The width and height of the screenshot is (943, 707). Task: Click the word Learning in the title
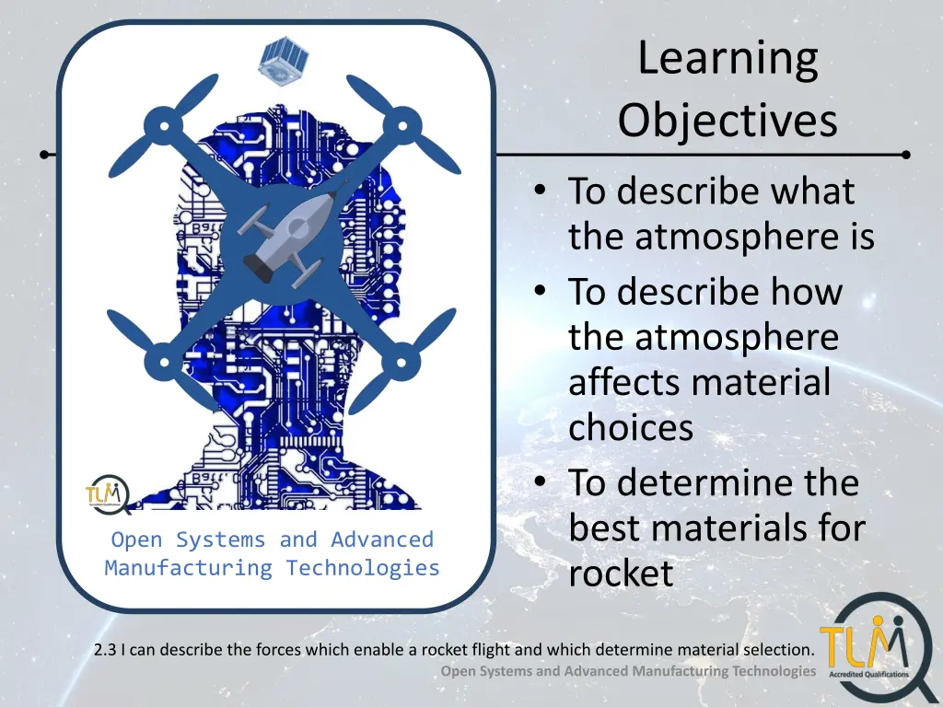coord(728,60)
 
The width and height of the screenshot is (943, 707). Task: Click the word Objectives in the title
coord(728,121)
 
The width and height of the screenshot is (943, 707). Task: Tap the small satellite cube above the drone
coord(284,61)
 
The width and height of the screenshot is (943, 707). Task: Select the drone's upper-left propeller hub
coord(163,125)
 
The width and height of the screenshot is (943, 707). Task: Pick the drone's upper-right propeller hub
coord(402,125)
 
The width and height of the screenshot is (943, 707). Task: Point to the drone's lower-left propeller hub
coord(164,362)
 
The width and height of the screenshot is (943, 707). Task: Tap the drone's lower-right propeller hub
coord(402,362)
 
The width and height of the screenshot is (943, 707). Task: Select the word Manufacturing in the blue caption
coord(188,567)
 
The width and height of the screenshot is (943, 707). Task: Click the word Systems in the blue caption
coord(221,539)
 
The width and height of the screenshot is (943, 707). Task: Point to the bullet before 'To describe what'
coord(540,190)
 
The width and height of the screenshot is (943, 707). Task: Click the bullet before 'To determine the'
coord(540,481)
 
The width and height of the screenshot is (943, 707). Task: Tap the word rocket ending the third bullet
coord(622,574)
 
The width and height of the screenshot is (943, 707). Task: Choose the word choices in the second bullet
coord(631,427)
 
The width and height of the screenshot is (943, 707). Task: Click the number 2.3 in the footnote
coord(106,650)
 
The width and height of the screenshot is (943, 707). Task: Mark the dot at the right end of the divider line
coord(906,155)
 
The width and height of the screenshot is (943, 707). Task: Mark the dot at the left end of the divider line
coord(44,155)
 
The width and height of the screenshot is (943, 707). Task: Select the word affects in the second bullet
coord(625,382)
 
